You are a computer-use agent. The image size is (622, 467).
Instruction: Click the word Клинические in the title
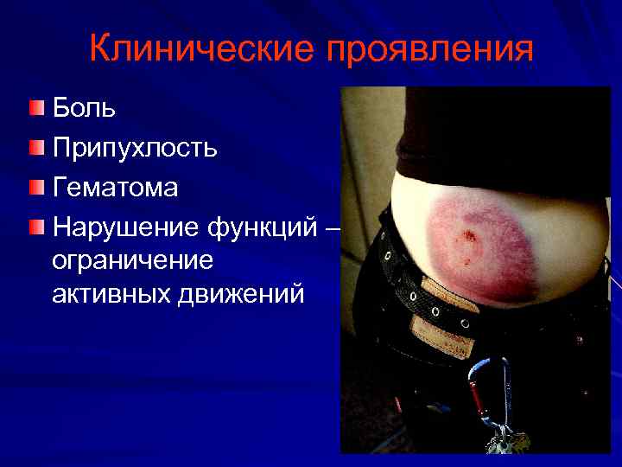point(200,49)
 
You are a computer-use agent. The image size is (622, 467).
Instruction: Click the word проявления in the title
point(428,51)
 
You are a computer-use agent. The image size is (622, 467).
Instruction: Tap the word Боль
point(84,109)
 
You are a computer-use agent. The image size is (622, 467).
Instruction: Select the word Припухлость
point(135,148)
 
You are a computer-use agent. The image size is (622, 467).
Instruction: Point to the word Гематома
point(115,187)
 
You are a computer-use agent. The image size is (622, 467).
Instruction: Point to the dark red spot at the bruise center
point(469,236)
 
